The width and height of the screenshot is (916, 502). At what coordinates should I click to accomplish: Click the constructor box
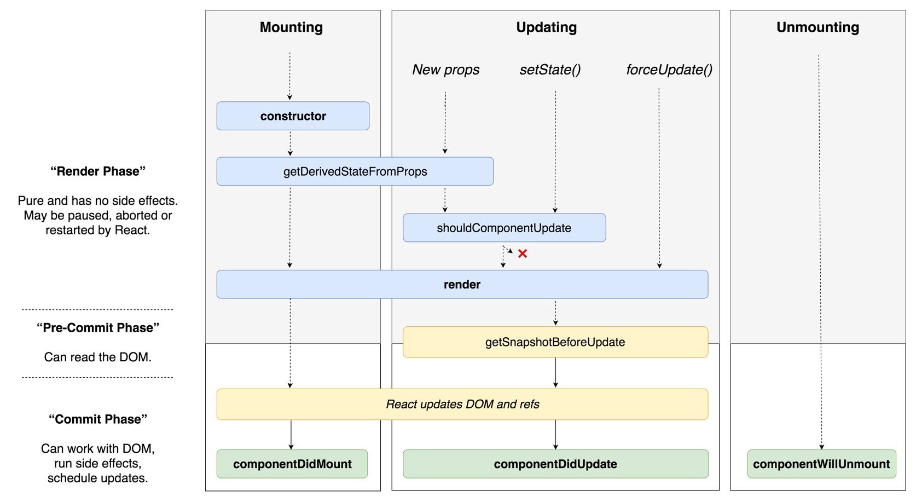pos(293,116)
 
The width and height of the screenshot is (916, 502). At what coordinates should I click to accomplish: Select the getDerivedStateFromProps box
pos(355,171)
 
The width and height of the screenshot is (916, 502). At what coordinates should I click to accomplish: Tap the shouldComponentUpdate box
pos(504,228)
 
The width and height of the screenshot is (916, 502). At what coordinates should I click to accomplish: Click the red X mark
pos(523,253)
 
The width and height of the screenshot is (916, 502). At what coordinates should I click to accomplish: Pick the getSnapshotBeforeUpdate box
pos(555,342)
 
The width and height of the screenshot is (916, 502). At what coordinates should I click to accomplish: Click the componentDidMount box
pos(292,464)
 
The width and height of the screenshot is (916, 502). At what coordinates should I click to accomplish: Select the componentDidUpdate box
pos(555,464)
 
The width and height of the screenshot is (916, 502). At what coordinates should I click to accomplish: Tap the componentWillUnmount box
pos(821,464)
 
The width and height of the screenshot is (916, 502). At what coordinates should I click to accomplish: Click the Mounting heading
pos(291,27)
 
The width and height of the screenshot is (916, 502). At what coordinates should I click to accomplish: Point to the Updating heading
pos(546,27)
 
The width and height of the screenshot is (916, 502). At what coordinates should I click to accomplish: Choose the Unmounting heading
pos(818,27)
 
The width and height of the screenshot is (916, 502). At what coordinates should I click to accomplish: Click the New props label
pos(445,70)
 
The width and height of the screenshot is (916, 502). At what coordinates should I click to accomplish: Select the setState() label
pos(550,70)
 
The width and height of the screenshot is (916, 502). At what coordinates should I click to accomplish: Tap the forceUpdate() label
pos(669,70)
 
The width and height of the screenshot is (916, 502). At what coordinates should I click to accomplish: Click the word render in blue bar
pos(462,285)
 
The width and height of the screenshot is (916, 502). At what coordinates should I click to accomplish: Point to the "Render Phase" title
pos(98,171)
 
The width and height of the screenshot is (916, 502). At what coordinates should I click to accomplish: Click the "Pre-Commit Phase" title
pos(98,328)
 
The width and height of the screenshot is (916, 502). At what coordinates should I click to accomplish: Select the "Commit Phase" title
pos(98,419)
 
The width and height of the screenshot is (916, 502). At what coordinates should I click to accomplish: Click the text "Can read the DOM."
pos(98,357)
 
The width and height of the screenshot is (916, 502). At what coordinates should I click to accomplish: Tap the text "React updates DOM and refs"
pos(462,405)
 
